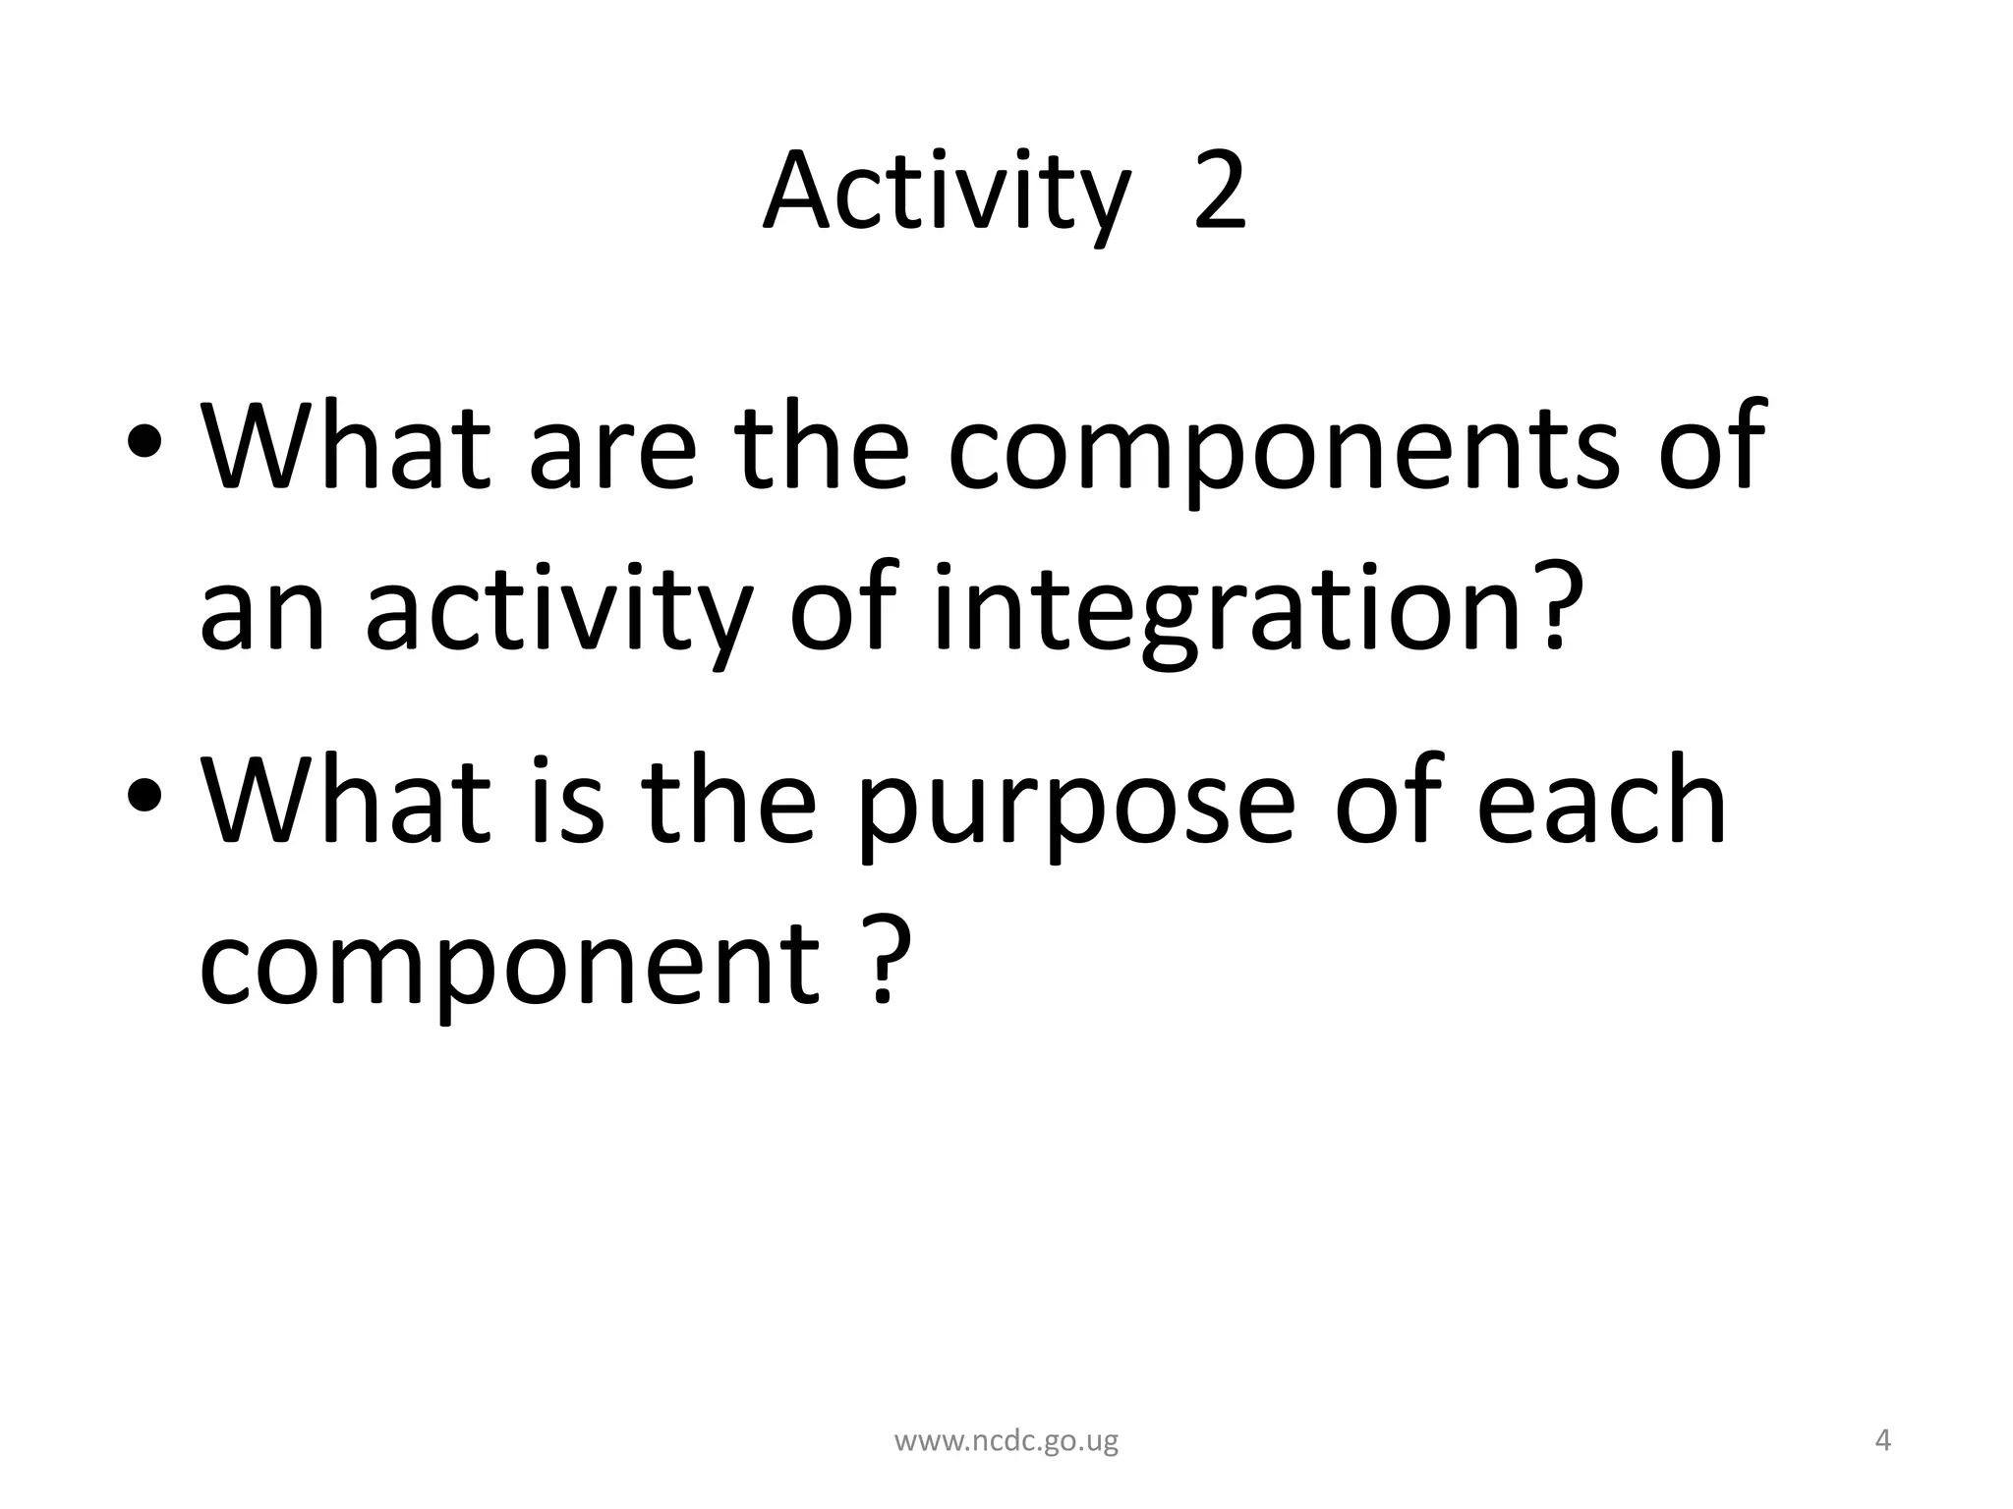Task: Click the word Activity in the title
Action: (945, 194)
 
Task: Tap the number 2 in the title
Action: (1219, 192)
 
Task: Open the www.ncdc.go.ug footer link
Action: (1006, 1441)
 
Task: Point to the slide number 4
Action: (1883, 1441)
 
